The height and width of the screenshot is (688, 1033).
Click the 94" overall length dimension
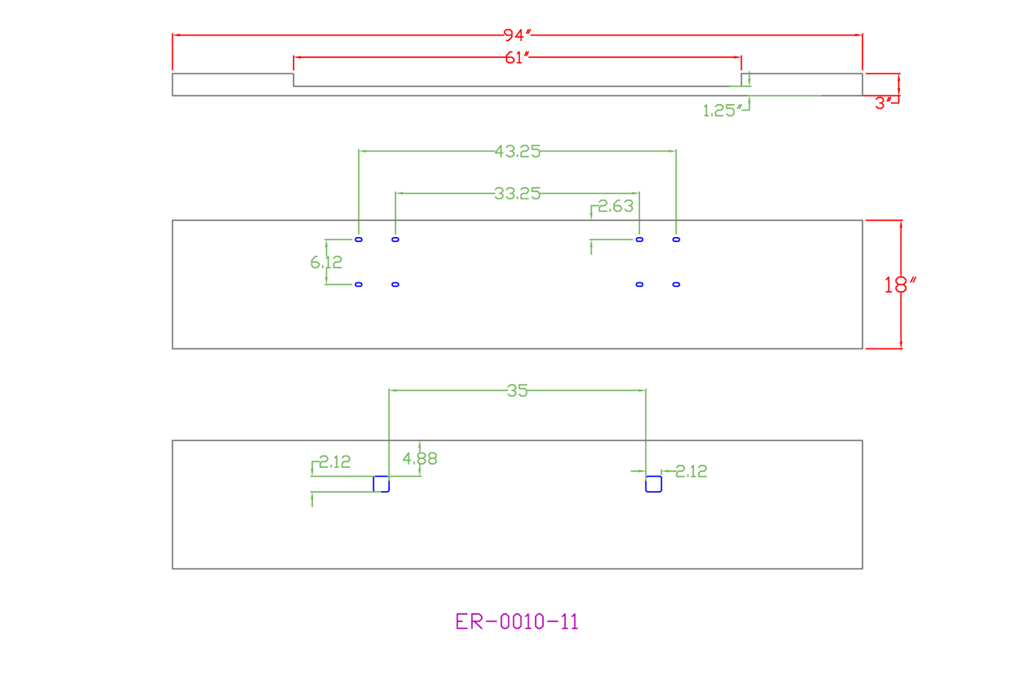click(517, 35)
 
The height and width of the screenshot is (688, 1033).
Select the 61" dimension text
click(517, 57)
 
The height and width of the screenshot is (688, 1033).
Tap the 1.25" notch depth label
click(721, 111)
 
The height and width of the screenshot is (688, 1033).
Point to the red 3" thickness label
click(885, 103)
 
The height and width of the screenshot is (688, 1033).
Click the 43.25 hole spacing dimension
click(517, 151)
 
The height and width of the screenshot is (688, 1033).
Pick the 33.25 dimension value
click(517, 194)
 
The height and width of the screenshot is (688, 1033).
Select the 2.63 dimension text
click(616, 206)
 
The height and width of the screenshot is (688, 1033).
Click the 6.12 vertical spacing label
click(326, 262)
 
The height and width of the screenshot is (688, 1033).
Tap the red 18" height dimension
click(901, 285)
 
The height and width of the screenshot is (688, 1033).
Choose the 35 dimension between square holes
click(517, 390)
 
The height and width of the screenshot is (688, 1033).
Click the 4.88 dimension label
click(420, 459)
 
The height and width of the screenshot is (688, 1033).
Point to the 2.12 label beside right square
click(691, 472)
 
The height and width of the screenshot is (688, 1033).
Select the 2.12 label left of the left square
click(334, 462)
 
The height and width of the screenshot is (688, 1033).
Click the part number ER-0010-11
click(517, 622)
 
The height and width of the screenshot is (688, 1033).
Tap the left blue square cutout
click(381, 484)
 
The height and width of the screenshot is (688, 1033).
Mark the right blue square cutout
click(654, 484)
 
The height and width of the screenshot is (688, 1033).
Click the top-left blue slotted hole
click(358, 240)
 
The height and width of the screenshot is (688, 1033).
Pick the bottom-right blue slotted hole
click(676, 284)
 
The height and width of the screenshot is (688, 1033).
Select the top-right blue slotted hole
click(676, 240)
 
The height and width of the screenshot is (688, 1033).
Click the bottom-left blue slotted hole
click(358, 284)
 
